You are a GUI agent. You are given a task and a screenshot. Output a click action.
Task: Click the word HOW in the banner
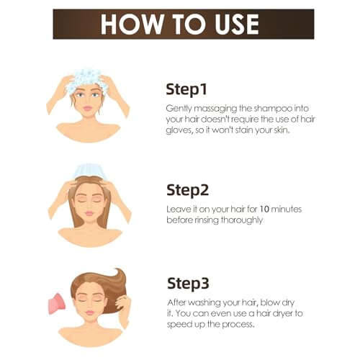click(x=132, y=24)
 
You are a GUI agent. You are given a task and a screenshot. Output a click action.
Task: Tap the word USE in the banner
click(x=237, y=24)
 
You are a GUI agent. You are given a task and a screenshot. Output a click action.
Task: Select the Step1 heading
click(x=186, y=90)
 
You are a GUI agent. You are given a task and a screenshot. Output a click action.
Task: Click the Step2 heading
click(x=187, y=191)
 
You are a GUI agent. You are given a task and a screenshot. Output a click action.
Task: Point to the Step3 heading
click(x=188, y=284)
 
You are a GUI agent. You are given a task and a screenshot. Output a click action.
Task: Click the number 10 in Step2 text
click(x=264, y=210)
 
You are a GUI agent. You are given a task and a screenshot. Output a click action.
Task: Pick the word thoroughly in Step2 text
click(x=242, y=220)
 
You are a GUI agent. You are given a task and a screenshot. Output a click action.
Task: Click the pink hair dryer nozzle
click(x=57, y=304)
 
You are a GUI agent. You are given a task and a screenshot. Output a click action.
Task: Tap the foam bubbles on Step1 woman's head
click(x=84, y=80)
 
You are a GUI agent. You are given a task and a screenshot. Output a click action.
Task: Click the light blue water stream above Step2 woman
click(x=90, y=171)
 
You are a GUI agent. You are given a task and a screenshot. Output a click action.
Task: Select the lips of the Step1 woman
click(x=88, y=109)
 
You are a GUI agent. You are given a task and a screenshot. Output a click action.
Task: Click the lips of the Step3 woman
click(x=89, y=312)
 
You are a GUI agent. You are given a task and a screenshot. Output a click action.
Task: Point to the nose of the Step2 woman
click(x=89, y=206)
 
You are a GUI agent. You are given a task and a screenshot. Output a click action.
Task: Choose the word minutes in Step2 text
click(x=286, y=210)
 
